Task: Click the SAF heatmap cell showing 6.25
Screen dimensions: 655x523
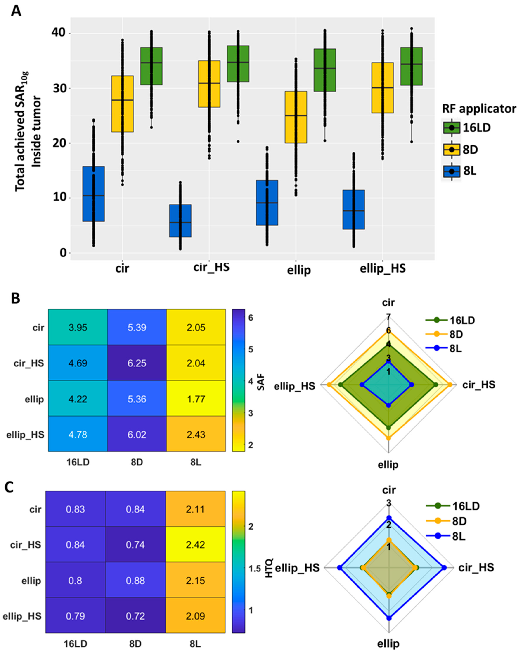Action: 137,363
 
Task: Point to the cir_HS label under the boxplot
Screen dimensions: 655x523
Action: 211,267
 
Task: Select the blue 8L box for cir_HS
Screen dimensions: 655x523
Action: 180,221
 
